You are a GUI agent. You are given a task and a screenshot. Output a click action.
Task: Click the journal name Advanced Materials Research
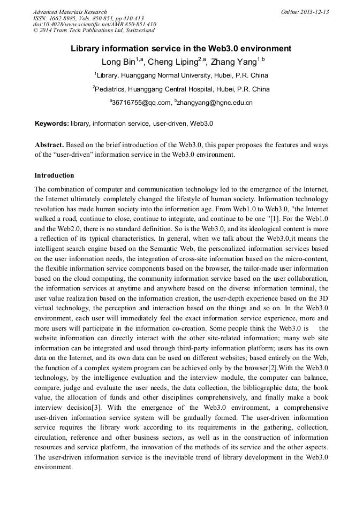tap(70, 12)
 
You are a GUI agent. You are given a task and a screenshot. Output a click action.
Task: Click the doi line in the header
tap(94, 24)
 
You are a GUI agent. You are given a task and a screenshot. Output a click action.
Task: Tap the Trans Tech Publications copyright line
tap(93, 30)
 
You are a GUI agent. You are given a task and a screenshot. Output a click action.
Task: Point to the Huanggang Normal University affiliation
tap(182, 75)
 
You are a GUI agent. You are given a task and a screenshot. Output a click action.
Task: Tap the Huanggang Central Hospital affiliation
tap(182, 89)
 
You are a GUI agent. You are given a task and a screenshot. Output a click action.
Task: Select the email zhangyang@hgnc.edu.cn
tap(214, 102)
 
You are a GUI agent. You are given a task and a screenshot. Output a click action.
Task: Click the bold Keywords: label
tap(52, 124)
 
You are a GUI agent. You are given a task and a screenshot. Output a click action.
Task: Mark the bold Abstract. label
tap(49, 145)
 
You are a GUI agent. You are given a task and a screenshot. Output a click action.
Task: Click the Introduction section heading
tap(54, 175)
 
